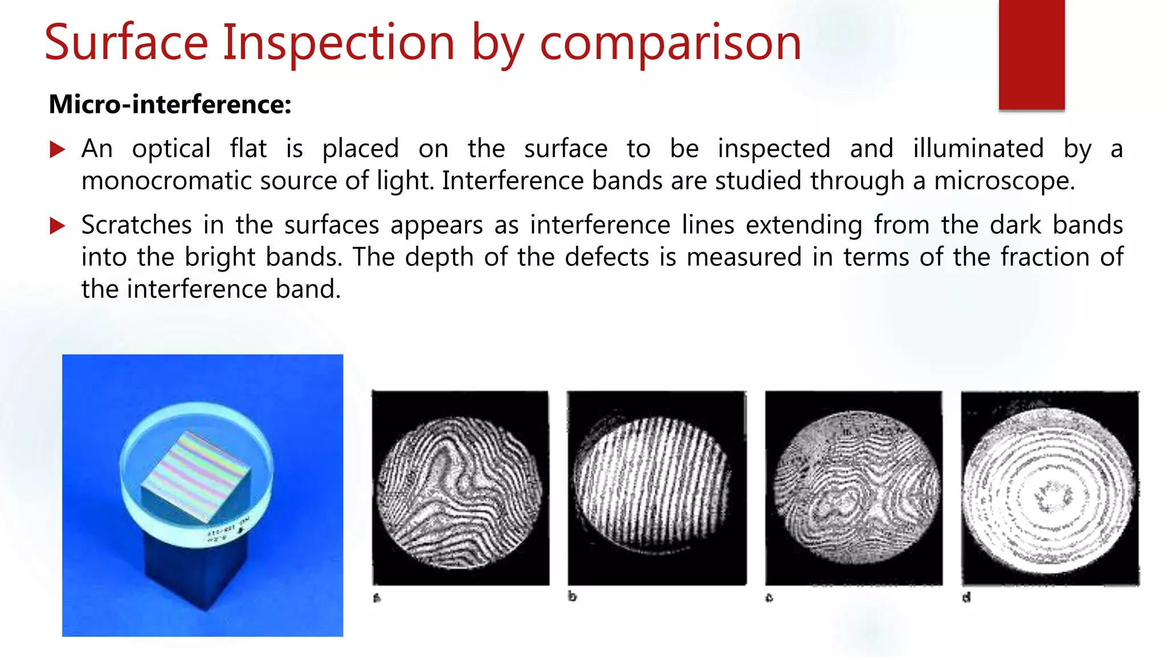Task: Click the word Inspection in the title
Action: point(338,43)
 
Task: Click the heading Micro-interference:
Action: point(170,104)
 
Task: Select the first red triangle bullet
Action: point(58,150)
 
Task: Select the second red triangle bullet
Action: point(58,226)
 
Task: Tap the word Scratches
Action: point(136,225)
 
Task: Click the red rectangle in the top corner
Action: point(1031,54)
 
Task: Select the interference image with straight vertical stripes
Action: point(656,488)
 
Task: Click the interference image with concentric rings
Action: point(1050,488)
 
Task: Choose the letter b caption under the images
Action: point(572,597)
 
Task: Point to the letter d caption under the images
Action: point(966,597)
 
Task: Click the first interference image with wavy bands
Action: point(460,488)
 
